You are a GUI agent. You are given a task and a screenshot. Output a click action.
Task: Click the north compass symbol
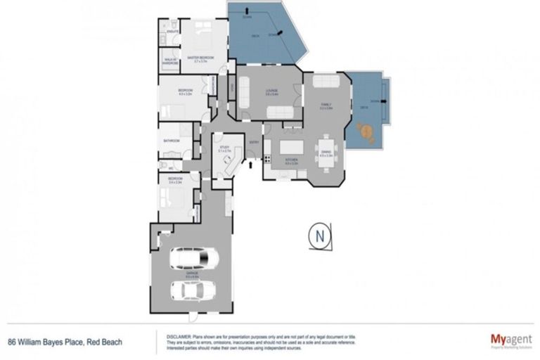pyautogui.click(x=320, y=236)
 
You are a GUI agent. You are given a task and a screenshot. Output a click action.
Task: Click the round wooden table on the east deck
pyautogui.click(x=365, y=131)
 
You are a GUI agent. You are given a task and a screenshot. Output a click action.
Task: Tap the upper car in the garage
pyautogui.click(x=191, y=259)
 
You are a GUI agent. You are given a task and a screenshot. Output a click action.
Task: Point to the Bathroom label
pyautogui.click(x=172, y=141)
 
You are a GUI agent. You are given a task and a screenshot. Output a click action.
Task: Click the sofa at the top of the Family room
pyautogui.click(x=326, y=82)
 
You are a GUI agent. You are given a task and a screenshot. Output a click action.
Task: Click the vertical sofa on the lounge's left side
pyautogui.click(x=243, y=91)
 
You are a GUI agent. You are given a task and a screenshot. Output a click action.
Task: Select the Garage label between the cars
pyautogui.click(x=192, y=275)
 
